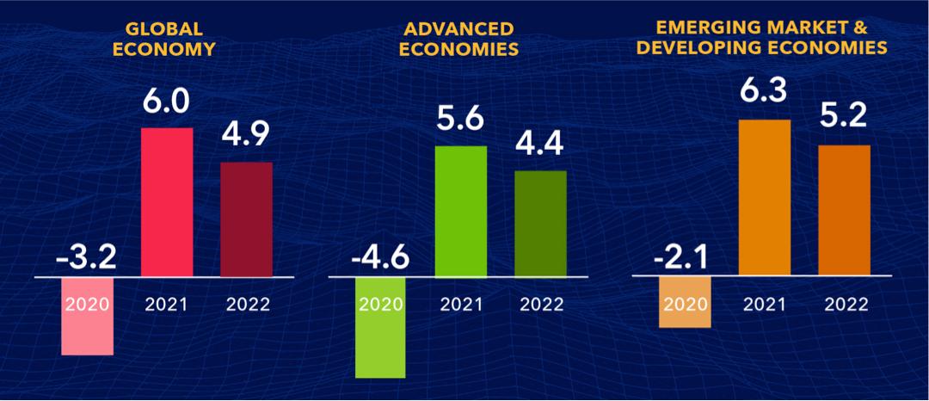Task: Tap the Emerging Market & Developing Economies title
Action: point(761,40)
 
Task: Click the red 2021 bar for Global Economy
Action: point(166,202)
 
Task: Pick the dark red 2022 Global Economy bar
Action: point(246,219)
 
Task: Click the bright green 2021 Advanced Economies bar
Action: point(460,212)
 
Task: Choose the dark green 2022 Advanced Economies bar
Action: point(540,224)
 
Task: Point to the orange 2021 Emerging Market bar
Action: point(764,198)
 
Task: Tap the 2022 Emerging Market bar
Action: point(844,211)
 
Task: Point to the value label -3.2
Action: point(87,256)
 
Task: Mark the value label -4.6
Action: point(380,256)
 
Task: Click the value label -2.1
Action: point(684,256)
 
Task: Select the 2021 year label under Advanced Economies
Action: point(460,304)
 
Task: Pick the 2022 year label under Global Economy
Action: point(246,304)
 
